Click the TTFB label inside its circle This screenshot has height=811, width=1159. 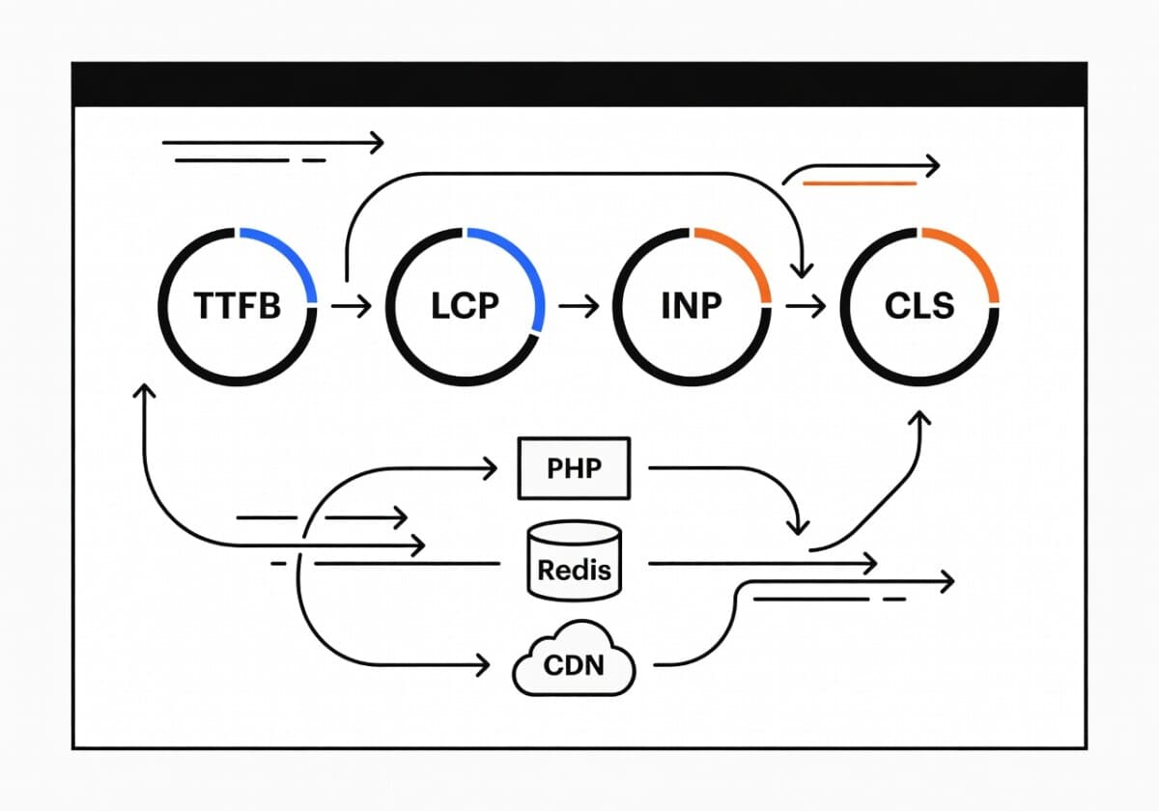(238, 305)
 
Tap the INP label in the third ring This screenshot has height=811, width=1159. (692, 305)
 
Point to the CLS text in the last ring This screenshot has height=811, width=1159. (919, 305)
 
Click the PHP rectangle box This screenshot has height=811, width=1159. (574, 469)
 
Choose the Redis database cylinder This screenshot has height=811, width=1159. (574, 559)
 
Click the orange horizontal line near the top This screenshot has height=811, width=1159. (860, 182)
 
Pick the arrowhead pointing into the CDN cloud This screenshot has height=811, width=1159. (485, 664)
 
